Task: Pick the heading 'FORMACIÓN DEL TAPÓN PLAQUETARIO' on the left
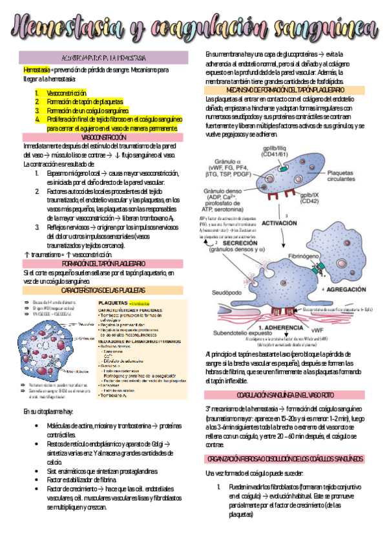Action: click(103, 264)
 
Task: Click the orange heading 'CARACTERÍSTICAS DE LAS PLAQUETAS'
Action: click(103, 291)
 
